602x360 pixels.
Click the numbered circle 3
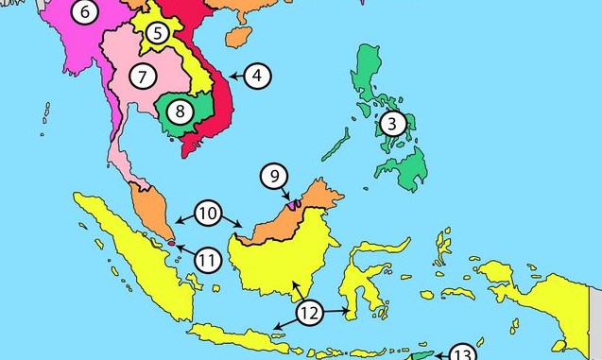(x=393, y=123)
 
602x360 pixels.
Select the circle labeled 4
(x=258, y=75)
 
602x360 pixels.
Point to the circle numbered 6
(x=84, y=12)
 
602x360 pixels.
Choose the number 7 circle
(x=143, y=75)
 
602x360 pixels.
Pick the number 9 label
(x=273, y=176)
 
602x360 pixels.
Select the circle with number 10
(x=209, y=214)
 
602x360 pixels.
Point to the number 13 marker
(x=462, y=354)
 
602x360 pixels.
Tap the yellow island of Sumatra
(x=132, y=246)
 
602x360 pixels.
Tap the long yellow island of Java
(x=236, y=334)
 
